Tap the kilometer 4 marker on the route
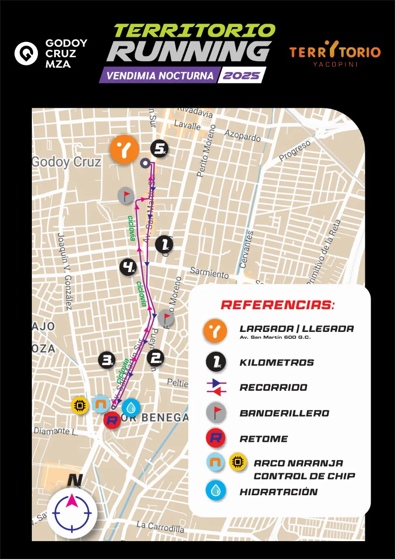[x=128, y=267]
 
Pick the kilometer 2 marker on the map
[x=156, y=358]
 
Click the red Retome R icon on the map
[x=112, y=421]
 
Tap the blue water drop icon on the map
[x=131, y=407]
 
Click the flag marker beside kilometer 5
[x=126, y=196]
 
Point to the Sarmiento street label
[x=209, y=273]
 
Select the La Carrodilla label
[x=160, y=527]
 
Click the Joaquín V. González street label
[x=64, y=271]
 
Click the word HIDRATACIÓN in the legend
[x=278, y=492]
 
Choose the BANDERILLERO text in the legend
[x=284, y=413]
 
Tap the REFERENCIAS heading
[x=278, y=305]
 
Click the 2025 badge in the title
[x=241, y=75]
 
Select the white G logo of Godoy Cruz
[x=26, y=53]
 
